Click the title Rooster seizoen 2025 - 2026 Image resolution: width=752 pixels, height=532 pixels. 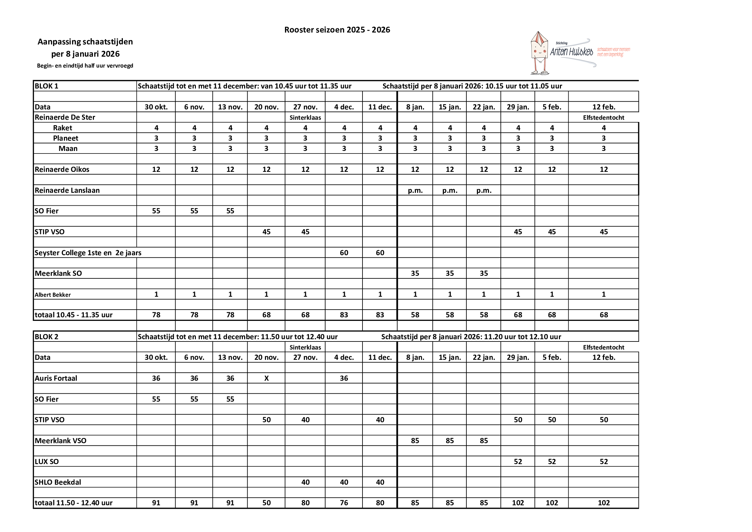click(x=337, y=30)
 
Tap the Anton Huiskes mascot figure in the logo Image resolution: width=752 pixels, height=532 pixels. click(x=539, y=52)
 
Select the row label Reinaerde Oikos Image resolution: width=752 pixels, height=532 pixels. click(x=62, y=170)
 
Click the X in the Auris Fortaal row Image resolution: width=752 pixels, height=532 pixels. click(x=266, y=378)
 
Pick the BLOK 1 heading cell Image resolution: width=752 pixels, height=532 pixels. click(x=47, y=86)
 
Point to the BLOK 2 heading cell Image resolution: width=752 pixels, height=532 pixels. click(x=47, y=337)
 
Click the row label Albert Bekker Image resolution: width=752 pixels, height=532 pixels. click(x=53, y=295)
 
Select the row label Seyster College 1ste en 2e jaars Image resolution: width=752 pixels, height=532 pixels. click(x=88, y=253)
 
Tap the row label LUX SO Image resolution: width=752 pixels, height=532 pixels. click(x=47, y=462)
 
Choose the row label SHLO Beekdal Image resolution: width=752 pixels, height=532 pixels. click(x=58, y=482)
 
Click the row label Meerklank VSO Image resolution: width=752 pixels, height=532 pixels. click(x=60, y=441)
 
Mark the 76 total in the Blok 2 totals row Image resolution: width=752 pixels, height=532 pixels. click(x=344, y=503)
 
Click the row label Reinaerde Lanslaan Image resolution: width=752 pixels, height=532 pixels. click(x=67, y=191)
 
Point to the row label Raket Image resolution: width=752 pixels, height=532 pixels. click(x=62, y=128)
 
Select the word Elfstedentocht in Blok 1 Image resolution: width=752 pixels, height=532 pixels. click(x=603, y=118)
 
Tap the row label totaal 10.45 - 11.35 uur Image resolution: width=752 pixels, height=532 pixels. click(x=73, y=315)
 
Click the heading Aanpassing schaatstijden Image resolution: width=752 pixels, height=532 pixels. click(x=85, y=42)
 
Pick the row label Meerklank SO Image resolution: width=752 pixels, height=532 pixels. click(x=58, y=273)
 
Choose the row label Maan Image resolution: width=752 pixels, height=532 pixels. click(x=68, y=148)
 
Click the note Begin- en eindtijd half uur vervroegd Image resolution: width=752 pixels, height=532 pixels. click(x=85, y=66)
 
